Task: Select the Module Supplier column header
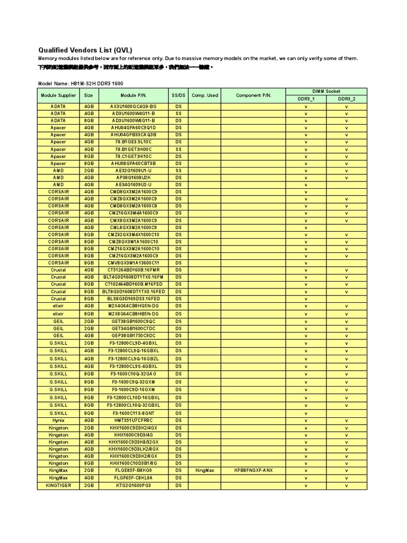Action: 58,95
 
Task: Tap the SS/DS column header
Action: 178,95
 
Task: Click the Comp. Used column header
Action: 205,95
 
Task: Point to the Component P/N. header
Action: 253,95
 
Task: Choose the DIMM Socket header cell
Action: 326,91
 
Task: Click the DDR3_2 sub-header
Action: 346,99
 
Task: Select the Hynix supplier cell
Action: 58,421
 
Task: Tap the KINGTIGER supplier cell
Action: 58,485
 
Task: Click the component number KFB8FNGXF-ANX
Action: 253,470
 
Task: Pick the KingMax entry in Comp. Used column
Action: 205,470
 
